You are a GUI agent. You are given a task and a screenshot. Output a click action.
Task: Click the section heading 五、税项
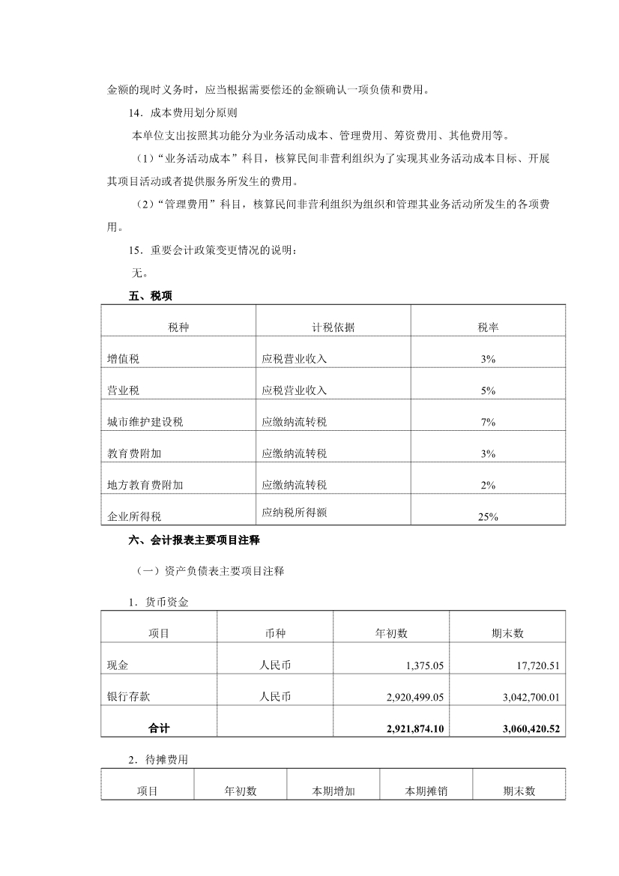151,296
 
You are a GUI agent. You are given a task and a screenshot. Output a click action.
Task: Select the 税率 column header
489,327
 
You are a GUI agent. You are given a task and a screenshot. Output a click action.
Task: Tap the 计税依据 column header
333,327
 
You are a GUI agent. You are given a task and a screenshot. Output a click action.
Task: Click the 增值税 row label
124,359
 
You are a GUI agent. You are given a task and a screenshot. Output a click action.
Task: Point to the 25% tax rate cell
489,516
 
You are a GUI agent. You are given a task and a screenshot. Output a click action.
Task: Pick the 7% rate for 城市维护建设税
489,422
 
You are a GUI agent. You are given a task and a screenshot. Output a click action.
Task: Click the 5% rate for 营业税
489,390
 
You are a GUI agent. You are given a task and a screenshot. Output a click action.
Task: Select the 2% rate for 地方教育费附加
489,485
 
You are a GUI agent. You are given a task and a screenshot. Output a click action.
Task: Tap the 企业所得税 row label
134,516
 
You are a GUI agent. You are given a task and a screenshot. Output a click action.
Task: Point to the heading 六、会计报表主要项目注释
194,540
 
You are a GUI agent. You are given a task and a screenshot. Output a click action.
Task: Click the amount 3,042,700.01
528,697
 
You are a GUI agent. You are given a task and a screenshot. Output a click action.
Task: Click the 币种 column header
274,633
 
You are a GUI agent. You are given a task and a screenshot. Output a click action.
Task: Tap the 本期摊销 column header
426,791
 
